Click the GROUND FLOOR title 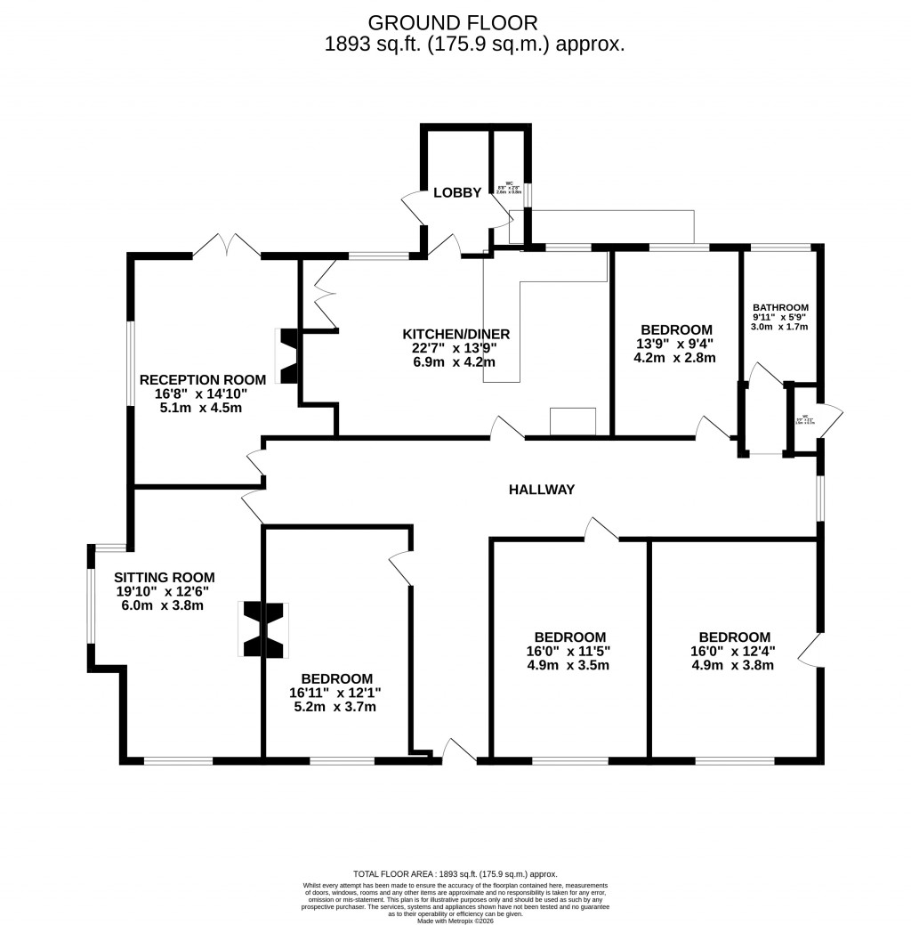coord(453,22)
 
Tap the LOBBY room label coord(457,192)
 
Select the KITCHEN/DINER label coord(455,334)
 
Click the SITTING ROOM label coord(164,578)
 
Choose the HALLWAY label coord(542,489)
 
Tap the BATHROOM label coord(780,308)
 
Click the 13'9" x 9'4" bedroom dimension coord(673,344)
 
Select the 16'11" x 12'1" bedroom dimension coord(335,693)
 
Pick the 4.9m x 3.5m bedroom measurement coord(570,664)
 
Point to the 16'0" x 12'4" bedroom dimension coord(734,650)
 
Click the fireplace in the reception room coord(290,356)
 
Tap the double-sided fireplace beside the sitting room coord(263,629)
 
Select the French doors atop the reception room coord(226,246)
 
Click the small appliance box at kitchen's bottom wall coord(573,421)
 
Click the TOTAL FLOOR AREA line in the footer coord(455,874)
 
